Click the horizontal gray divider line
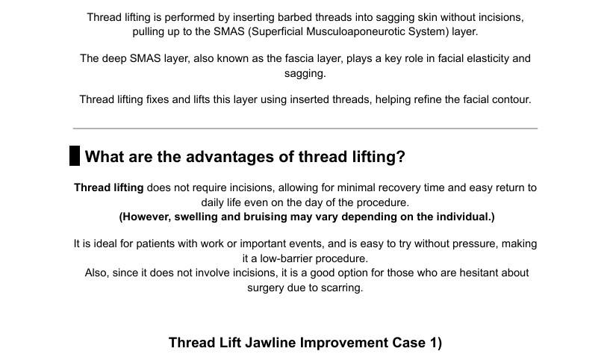tap(305, 128)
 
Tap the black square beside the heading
tap(75, 155)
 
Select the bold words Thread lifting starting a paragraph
tap(109, 188)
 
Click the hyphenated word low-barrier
tap(286, 258)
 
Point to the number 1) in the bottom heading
tap(436, 343)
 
